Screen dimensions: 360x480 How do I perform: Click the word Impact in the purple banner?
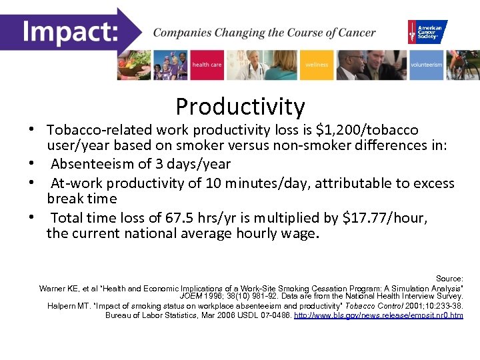pos(71,32)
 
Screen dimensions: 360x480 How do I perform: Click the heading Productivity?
pos(240,106)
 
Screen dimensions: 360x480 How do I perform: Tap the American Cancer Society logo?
pos(427,31)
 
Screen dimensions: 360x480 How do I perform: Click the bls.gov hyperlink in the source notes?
pos(378,315)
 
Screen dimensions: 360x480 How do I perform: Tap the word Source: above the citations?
pos(449,278)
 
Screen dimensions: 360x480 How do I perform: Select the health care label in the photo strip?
pos(207,65)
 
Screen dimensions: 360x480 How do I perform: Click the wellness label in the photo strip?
pos(317,65)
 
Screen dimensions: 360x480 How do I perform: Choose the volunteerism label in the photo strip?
pos(426,65)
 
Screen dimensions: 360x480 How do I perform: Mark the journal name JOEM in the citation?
pos(192,297)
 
